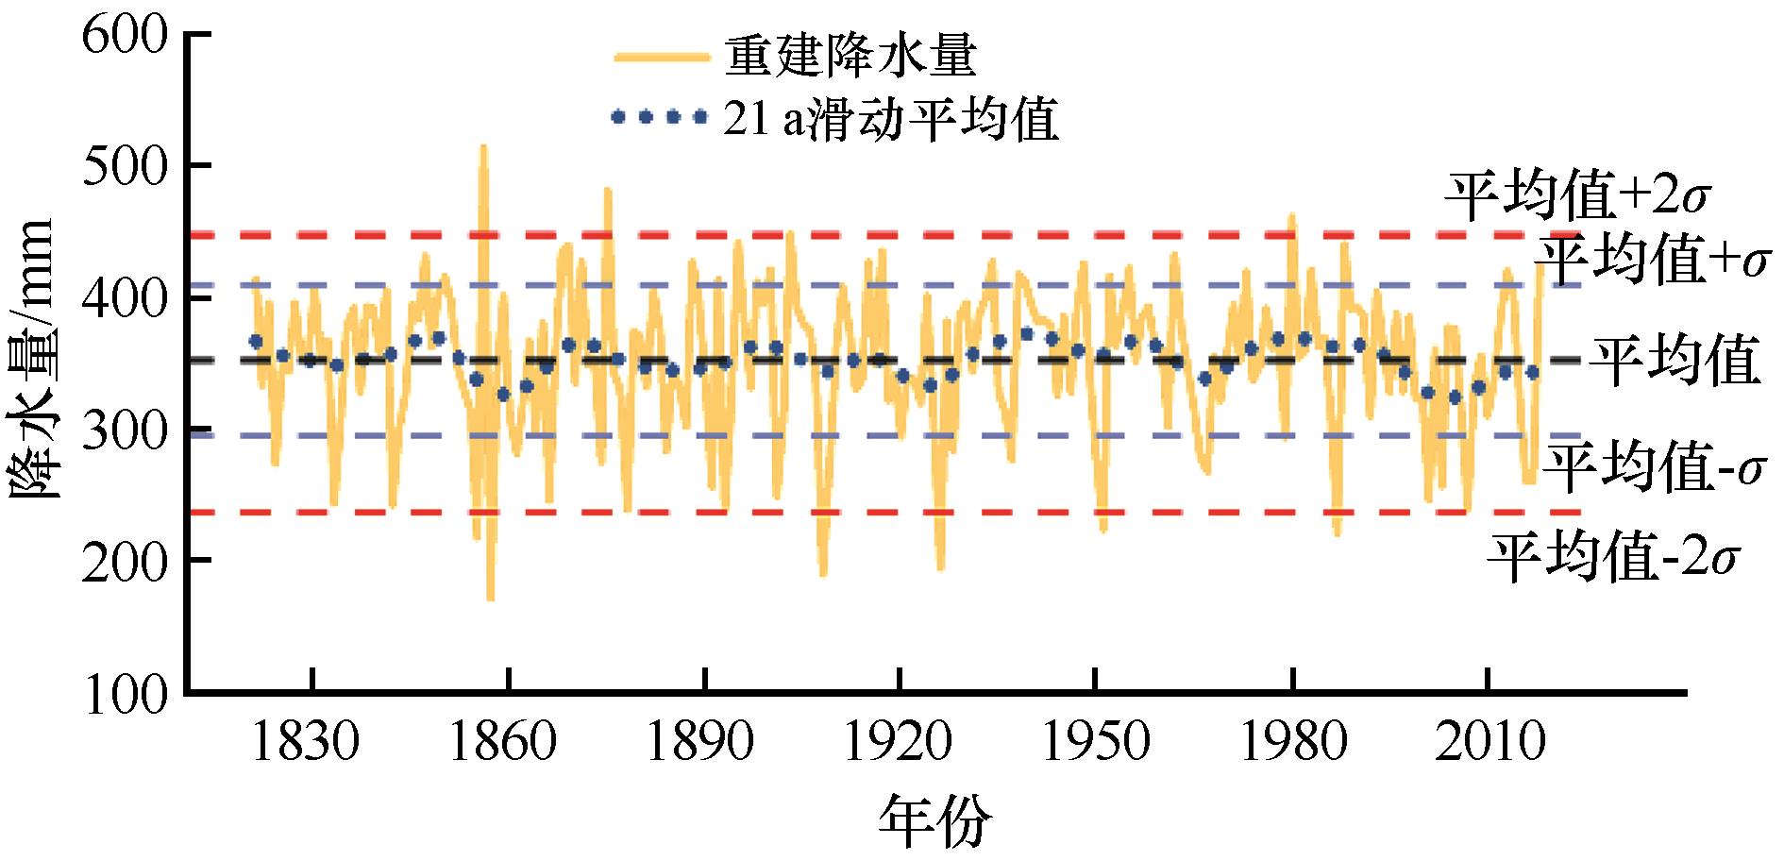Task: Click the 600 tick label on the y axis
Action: (x=126, y=38)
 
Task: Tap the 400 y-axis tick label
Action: (x=126, y=299)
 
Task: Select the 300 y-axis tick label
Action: (x=126, y=431)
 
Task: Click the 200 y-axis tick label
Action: (x=126, y=562)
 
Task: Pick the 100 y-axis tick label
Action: (x=126, y=692)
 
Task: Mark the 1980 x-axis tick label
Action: (x=1291, y=743)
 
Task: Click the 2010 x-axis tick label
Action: (x=1488, y=743)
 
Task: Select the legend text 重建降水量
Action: (x=850, y=57)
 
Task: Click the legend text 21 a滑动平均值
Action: (x=890, y=120)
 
